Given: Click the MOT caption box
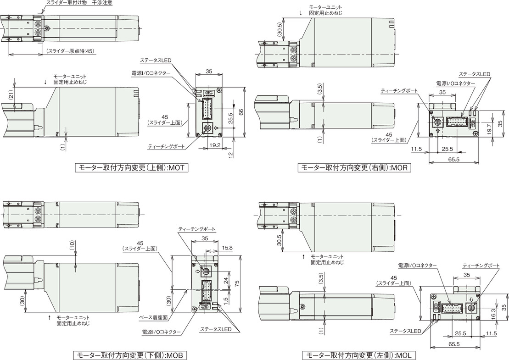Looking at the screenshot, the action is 131,168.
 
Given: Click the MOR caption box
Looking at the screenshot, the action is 354,168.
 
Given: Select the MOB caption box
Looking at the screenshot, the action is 129,355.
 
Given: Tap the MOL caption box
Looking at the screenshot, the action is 359,355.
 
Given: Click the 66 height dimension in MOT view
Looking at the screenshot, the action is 241,111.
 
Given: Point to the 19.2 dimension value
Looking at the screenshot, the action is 215,145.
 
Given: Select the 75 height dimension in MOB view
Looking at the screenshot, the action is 237,283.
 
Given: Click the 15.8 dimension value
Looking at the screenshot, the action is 227,248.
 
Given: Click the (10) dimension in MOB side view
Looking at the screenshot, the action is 72,245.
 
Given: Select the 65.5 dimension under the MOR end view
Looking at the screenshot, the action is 454,159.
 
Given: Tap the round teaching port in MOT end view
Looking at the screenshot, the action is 206,128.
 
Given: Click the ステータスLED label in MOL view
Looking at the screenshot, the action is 405,331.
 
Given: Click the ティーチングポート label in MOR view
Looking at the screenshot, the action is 399,91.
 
